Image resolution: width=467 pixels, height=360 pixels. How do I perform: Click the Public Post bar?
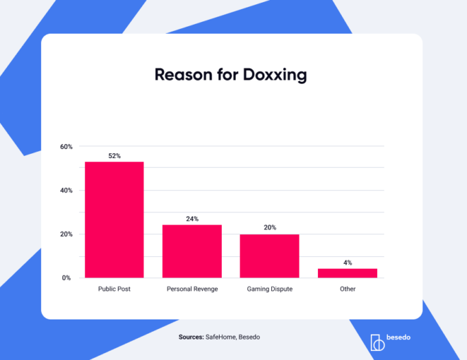coord(114,220)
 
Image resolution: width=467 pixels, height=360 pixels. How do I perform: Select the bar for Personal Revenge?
coord(192,251)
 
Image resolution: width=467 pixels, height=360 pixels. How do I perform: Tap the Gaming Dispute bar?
coord(269,256)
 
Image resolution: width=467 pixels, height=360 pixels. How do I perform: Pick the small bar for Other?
coord(348,273)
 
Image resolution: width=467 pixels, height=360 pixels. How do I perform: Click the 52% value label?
coord(114,156)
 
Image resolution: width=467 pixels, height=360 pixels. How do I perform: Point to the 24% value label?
coord(192,218)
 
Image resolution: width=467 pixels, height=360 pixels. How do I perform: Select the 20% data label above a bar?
coord(269,227)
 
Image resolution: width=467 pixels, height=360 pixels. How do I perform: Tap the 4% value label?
coord(348,262)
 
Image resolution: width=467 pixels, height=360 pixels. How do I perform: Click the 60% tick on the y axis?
coord(66,146)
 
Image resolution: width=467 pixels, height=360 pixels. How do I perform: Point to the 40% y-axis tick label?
coord(66,190)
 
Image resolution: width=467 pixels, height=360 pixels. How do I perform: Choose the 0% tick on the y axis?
coord(67,278)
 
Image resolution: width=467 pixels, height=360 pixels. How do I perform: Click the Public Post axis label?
coord(114,289)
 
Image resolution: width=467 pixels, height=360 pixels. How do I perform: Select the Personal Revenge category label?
coord(192,289)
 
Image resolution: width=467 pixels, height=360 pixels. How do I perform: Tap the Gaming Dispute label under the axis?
coord(270,289)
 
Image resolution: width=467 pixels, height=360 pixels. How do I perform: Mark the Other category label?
coord(348,289)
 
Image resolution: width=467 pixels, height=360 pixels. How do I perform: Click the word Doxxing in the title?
coord(274,74)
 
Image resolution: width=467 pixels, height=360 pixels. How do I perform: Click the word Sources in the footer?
coord(190,337)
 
